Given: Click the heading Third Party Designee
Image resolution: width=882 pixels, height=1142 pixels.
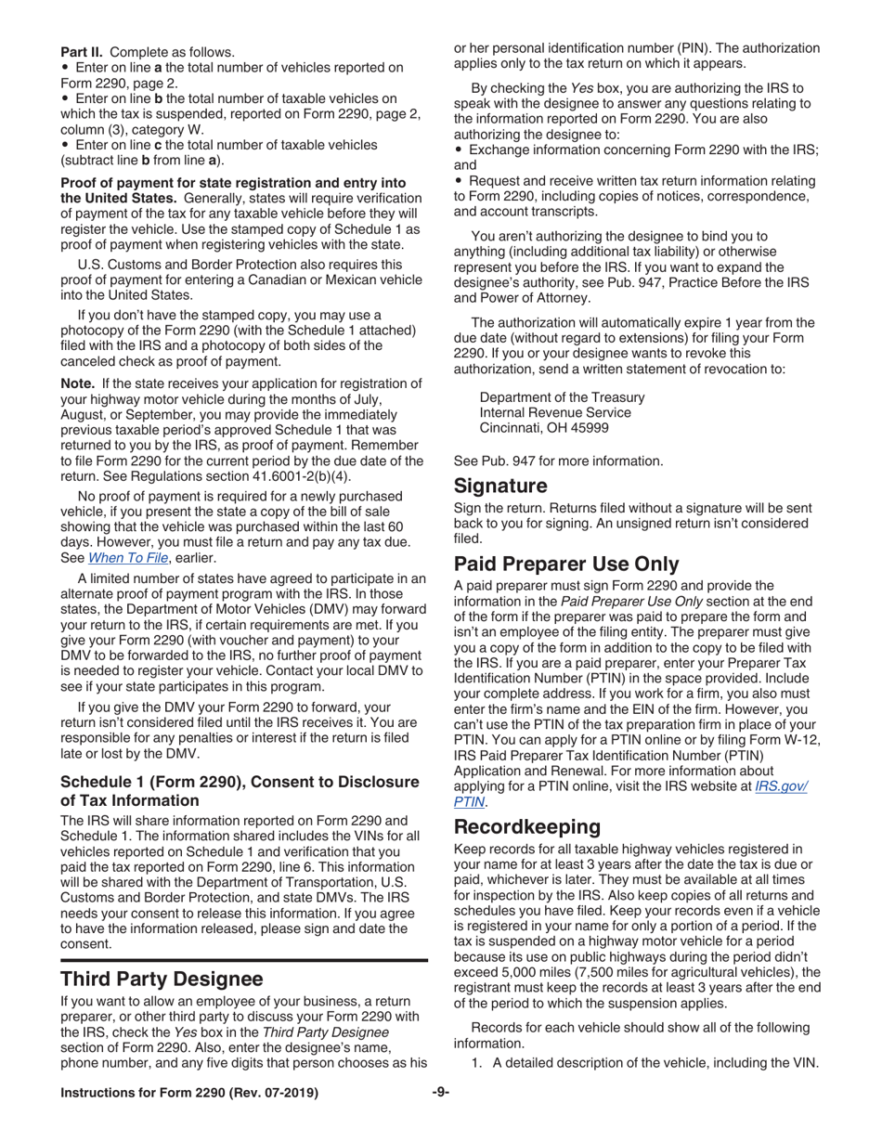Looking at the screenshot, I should pyautogui.click(x=162, y=979).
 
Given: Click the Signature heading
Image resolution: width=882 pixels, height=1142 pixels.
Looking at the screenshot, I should pyautogui.click(x=499, y=486).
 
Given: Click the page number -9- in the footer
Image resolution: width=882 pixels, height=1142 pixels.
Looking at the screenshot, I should pyautogui.click(x=441, y=1093).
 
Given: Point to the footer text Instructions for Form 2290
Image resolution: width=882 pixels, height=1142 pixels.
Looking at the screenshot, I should pyautogui.click(x=188, y=1093).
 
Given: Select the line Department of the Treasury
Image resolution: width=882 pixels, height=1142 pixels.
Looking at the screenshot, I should pyautogui.click(x=562, y=396).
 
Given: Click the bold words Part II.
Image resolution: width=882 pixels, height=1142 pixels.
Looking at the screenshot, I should pyautogui.click(x=83, y=52).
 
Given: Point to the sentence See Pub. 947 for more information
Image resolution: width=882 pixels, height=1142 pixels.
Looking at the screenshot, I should pyautogui.click(x=558, y=460).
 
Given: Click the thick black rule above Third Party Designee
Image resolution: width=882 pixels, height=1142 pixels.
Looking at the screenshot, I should pyautogui.click(x=243, y=958).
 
